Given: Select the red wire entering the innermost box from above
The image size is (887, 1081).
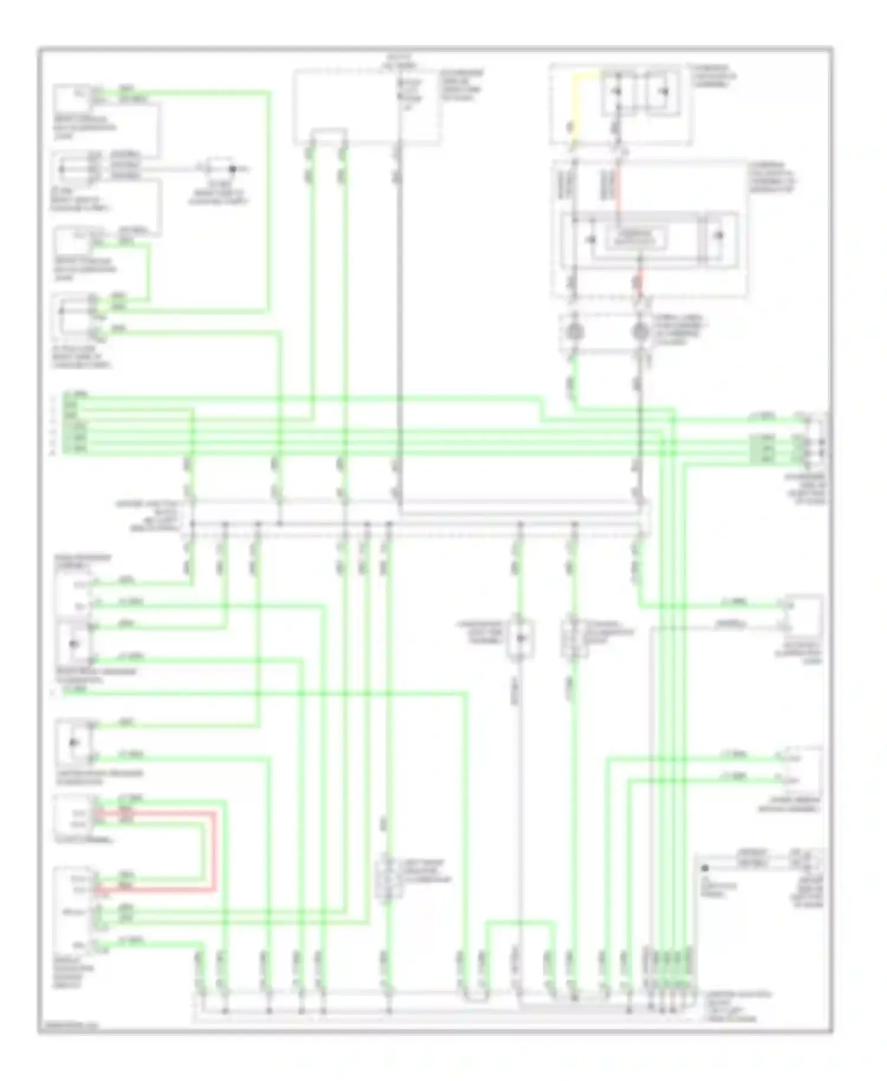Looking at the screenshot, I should pyautogui.click(x=618, y=195).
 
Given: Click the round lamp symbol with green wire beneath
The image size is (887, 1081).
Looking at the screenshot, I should pyautogui.click(x=574, y=332).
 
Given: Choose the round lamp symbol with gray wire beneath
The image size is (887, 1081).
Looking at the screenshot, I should pyautogui.click(x=640, y=332).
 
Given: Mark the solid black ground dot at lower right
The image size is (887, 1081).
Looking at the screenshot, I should pyautogui.click(x=705, y=869).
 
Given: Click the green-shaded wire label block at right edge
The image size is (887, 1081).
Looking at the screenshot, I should pyautogui.click(x=762, y=448).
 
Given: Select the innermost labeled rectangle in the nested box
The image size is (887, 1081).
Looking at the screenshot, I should pyautogui.click(x=637, y=238).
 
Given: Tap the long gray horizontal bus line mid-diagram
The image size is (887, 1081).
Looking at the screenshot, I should pyautogui.click(x=414, y=525).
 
